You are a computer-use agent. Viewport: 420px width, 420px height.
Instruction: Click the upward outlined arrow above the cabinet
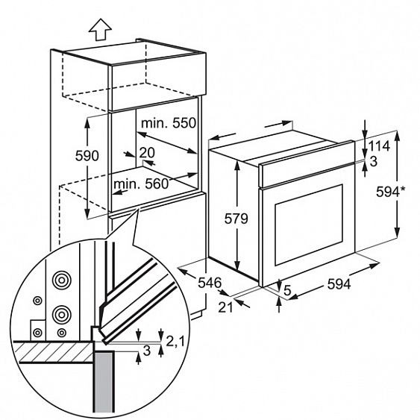[x=100, y=29]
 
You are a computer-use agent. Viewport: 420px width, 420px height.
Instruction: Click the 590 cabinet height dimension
[x=87, y=156]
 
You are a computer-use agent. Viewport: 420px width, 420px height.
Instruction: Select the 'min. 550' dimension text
[x=169, y=123]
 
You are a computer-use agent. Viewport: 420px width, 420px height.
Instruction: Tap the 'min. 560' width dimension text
[x=141, y=184]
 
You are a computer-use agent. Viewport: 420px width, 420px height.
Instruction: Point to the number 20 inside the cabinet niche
[x=147, y=153]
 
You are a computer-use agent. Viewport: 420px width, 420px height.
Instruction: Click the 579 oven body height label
[x=236, y=219]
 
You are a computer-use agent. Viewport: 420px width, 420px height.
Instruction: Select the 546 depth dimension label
[x=210, y=283]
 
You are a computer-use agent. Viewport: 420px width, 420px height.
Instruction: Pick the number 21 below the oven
[x=226, y=307]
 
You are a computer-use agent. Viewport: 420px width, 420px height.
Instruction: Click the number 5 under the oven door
[x=287, y=290]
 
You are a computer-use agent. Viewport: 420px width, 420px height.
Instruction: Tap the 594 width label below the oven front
[x=339, y=284]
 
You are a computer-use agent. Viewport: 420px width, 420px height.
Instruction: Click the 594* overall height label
[x=391, y=192]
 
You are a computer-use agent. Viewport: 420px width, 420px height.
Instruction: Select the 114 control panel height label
[x=379, y=146]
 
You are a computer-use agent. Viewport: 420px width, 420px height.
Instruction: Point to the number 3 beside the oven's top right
[x=373, y=162]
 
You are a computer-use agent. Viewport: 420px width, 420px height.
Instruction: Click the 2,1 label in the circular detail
[x=175, y=342]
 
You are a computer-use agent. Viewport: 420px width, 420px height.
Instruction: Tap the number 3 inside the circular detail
[x=147, y=351]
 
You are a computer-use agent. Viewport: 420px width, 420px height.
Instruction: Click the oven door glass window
[x=309, y=225]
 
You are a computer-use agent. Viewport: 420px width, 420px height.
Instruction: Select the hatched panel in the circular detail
[x=56, y=352]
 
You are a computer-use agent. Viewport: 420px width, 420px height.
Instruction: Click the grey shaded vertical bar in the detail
[x=104, y=383]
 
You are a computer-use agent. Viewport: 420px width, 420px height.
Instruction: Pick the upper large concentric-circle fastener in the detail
[x=62, y=280]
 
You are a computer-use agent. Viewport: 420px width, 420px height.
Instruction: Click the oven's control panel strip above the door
[x=307, y=164]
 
